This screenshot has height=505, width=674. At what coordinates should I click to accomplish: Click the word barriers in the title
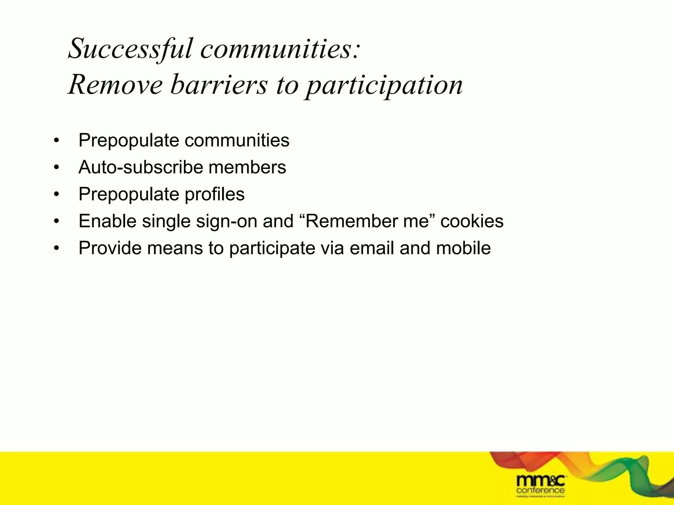tap(219, 85)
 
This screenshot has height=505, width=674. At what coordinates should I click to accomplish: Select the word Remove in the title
tap(115, 85)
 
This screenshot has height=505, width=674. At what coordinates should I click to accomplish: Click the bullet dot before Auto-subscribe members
tap(57, 168)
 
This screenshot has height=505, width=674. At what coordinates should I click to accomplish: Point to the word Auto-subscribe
tap(141, 167)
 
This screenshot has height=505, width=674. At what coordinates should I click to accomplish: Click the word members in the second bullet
tap(247, 167)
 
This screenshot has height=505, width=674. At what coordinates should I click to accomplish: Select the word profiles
tap(214, 194)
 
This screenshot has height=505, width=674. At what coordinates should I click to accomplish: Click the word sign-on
tap(226, 221)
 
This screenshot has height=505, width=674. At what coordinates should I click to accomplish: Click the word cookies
tap(472, 221)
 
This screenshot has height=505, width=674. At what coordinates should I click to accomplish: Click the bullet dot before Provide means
tap(57, 249)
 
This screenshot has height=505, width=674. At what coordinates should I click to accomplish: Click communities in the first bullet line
tap(237, 140)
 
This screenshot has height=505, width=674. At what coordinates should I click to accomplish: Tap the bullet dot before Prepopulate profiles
tap(57, 195)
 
